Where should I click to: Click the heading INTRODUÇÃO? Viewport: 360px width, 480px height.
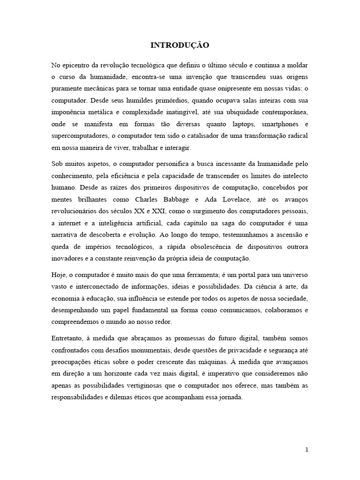180,45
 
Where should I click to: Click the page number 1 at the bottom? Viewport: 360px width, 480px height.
307,450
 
